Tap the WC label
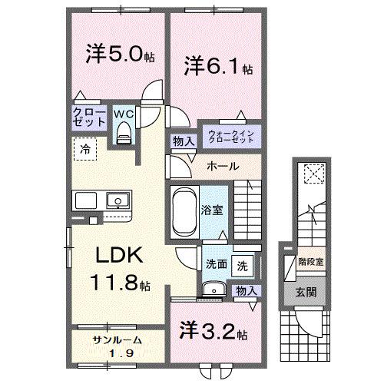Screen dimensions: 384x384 [x=123, y=114]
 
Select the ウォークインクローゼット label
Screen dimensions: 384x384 [x=230, y=137]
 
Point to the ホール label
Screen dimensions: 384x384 [x=223, y=166]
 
